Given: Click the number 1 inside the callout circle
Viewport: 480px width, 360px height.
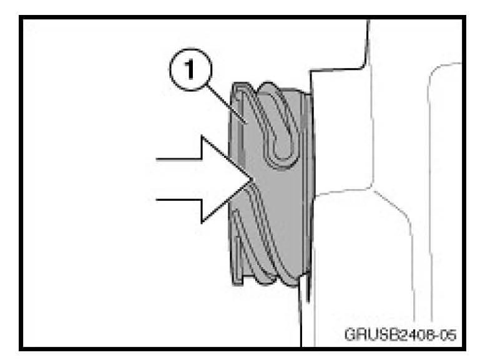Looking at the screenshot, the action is tap(190, 69).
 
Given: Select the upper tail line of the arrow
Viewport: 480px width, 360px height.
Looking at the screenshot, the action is tap(179, 159).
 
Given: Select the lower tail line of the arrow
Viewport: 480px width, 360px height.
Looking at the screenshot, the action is tap(179, 200).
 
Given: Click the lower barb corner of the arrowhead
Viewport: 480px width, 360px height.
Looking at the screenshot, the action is tap(202, 222).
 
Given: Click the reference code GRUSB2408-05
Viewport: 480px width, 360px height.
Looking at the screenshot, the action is tap(400, 334).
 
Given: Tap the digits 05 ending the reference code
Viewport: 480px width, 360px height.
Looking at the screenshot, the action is tap(448, 334).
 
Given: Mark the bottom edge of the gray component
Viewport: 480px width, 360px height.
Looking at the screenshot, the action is tap(267, 282).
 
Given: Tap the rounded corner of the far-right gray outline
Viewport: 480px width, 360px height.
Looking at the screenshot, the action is tap(434, 71).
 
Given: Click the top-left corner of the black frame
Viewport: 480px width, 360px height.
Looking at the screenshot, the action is tap(21, 17).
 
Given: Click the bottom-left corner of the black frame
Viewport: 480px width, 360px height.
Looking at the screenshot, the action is tap(21, 349).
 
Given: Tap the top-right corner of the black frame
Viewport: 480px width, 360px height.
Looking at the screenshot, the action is tap(464, 17).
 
